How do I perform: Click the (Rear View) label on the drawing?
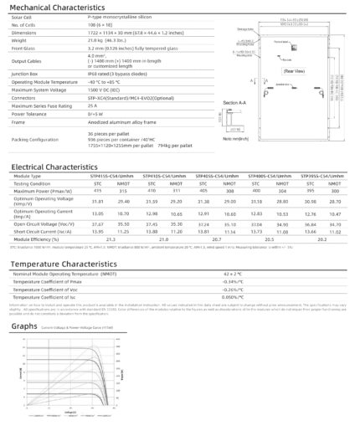pos(294,72)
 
